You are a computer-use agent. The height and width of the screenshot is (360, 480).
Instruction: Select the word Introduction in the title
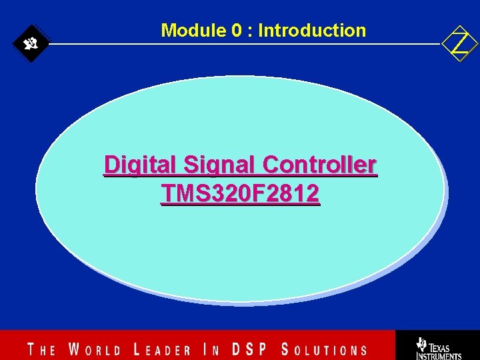coord(312,31)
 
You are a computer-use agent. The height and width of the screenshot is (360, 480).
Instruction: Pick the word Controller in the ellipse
coord(320,165)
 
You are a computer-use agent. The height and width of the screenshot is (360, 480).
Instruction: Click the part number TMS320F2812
coord(240,194)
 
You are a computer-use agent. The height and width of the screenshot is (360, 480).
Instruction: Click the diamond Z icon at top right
coord(460,44)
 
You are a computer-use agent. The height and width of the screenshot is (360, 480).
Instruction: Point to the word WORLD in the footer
coord(95,349)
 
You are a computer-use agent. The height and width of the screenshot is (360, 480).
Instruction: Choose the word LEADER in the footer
coord(162,349)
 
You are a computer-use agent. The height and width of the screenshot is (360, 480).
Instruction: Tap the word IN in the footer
coord(212,349)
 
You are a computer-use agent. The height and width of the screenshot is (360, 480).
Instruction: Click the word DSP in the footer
coord(251,349)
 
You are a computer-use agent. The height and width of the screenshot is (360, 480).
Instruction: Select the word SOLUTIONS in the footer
coord(324,349)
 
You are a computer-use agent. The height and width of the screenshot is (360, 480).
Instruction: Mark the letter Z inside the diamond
coord(460,44)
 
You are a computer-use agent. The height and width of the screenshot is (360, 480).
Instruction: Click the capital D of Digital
coord(111,164)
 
